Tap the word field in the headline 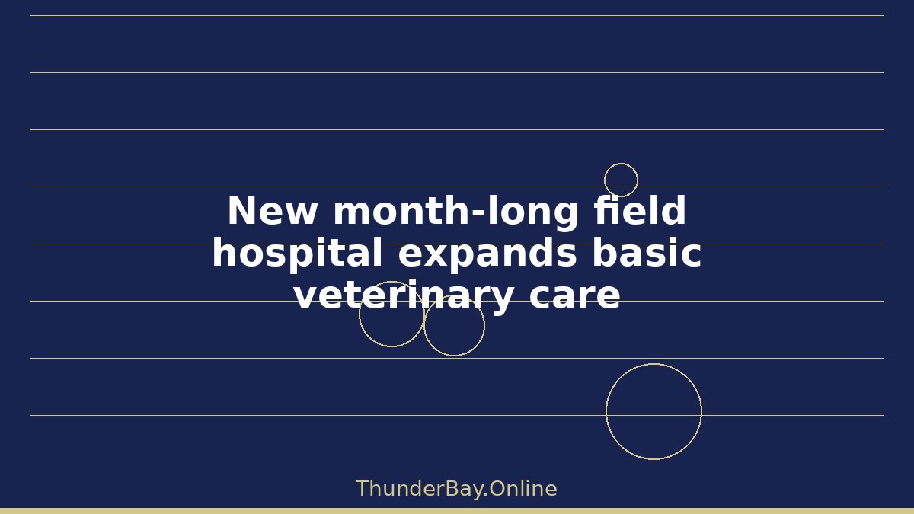[641, 209]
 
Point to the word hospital [297, 254]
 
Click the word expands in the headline [487, 254]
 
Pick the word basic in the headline [647, 252]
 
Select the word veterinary [403, 295]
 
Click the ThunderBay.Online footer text [456, 489]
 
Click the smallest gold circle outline [604, 180]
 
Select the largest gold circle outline [606, 412]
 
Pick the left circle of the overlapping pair [360, 314]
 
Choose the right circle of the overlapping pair [484, 326]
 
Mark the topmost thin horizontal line [458, 16]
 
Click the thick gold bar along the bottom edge [457, 511]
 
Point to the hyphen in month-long [479, 214]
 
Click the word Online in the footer [523, 489]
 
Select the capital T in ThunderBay [363, 489]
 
